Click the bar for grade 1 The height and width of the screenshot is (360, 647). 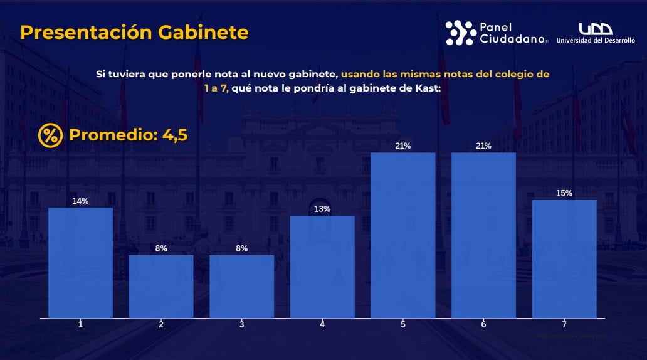(x=80, y=263)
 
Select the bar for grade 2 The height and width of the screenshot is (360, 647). (x=161, y=286)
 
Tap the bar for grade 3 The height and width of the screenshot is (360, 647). (x=241, y=286)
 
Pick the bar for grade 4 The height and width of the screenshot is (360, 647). (x=322, y=267)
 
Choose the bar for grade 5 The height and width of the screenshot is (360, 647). (x=402, y=235)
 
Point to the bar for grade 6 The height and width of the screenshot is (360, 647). (x=483, y=235)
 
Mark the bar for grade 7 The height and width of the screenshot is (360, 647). (x=564, y=258)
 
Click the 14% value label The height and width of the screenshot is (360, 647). (x=80, y=201)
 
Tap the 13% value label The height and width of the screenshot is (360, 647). (x=322, y=209)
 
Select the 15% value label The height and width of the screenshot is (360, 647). (x=564, y=193)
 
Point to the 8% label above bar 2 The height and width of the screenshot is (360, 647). (x=161, y=248)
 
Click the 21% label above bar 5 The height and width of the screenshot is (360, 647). (x=402, y=146)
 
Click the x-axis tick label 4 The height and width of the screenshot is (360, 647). (x=322, y=324)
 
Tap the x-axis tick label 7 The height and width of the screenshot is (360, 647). (x=564, y=324)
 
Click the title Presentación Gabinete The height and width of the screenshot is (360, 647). (x=134, y=33)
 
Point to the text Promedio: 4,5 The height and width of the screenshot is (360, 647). (x=128, y=135)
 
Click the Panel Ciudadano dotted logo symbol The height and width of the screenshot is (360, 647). (x=460, y=33)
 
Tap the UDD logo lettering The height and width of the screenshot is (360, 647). (x=595, y=29)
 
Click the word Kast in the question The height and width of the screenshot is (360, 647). (x=428, y=88)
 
